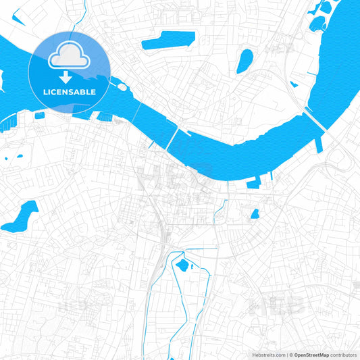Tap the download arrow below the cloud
[x=70, y=76]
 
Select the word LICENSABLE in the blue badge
[x=70, y=91]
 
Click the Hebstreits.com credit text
[x=265, y=355]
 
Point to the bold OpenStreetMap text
[x=311, y=355]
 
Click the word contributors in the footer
[x=343, y=355]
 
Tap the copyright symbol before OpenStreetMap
[x=290, y=355]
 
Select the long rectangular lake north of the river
[x=168, y=41]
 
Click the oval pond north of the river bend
[x=244, y=61]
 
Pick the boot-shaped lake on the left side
[x=20, y=216]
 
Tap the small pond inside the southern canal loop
[x=181, y=265]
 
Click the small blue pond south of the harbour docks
[x=255, y=214]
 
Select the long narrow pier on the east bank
[x=319, y=144]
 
